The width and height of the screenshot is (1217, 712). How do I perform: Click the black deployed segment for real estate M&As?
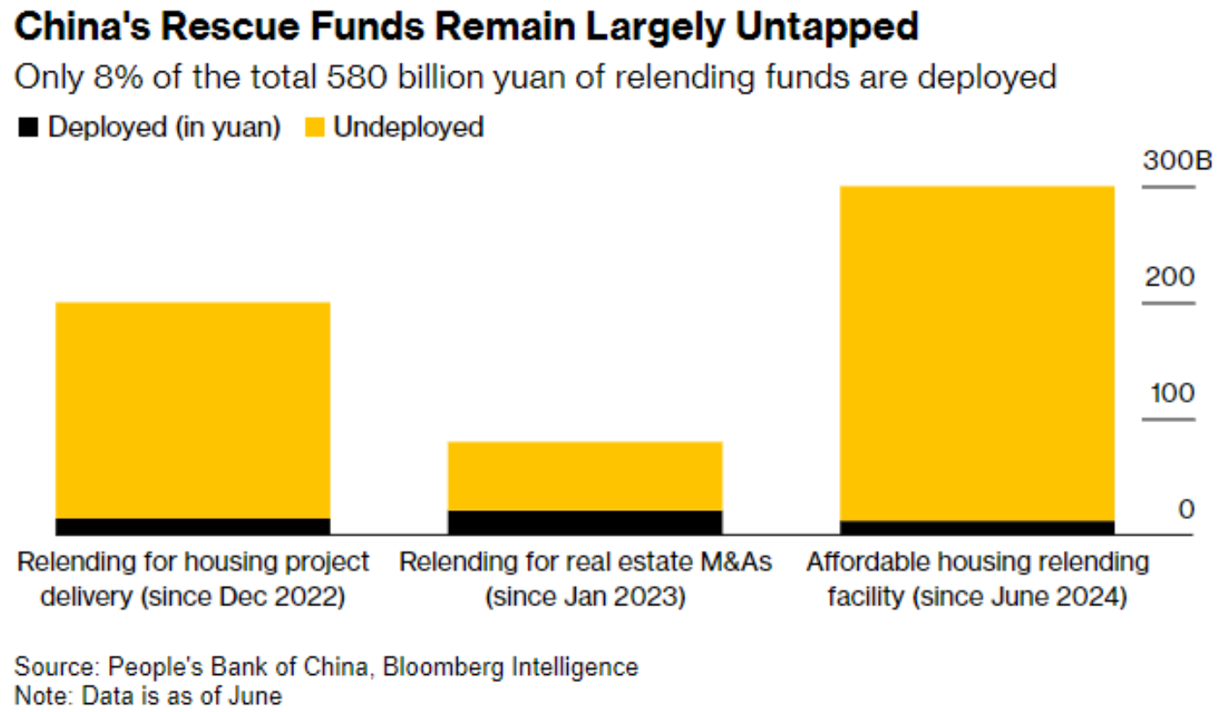(x=585, y=522)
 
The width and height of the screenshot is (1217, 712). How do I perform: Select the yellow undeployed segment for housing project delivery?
(x=192, y=410)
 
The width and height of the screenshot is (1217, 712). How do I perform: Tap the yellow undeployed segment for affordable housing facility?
(x=977, y=352)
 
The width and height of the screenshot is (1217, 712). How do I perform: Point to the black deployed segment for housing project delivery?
(x=192, y=526)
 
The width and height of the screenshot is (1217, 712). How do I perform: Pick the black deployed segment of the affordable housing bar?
(x=977, y=527)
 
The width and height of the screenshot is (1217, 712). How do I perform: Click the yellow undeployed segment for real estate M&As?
(x=585, y=476)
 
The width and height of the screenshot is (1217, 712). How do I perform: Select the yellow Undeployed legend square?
(x=316, y=128)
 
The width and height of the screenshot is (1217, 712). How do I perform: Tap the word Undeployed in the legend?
(x=409, y=127)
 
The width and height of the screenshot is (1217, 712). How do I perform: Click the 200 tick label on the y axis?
(x=1169, y=277)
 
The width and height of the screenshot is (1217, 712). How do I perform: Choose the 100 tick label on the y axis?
(x=1169, y=393)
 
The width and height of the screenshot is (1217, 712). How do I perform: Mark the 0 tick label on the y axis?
(x=1186, y=509)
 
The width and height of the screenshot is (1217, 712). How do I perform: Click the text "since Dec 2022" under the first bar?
(x=242, y=597)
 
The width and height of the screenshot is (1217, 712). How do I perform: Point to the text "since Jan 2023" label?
(x=585, y=597)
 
